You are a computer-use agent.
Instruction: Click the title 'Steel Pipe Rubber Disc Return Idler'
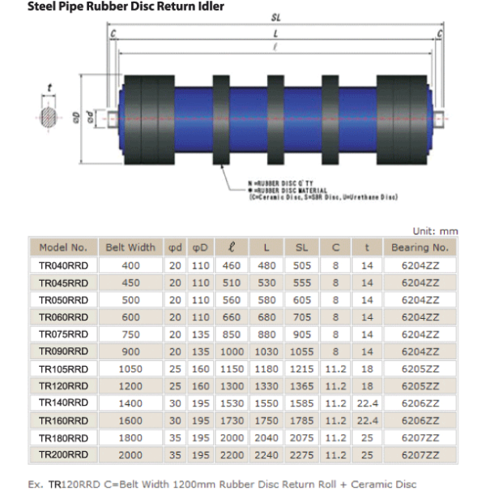click(x=114, y=7)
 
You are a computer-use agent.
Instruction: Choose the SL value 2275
click(x=301, y=454)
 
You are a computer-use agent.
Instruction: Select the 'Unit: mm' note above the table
click(x=435, y=231)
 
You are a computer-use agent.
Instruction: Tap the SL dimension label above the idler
click(x=277, y=18)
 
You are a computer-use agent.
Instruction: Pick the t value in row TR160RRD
click(x=367, y=420)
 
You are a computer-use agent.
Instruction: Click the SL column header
click(x=301, y=247)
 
